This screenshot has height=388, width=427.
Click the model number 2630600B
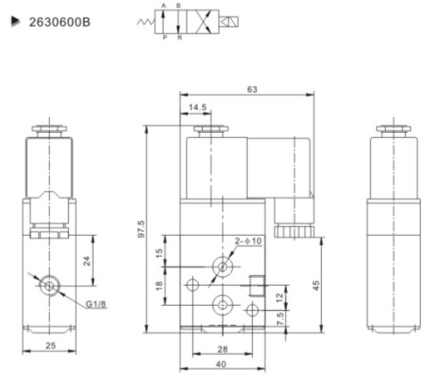click(x=59, y=17)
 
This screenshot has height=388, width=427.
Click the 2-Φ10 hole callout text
click(x=250, y=241)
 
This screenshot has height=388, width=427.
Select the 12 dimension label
click(x=278, y=297)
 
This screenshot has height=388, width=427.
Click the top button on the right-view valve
click(x=394, y=130)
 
